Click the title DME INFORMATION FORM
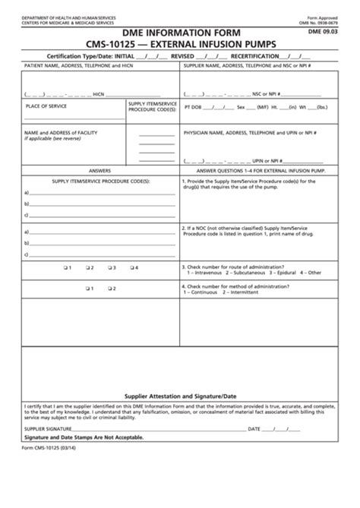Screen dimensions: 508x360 [180, 33]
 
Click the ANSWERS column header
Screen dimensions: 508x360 [100, 170]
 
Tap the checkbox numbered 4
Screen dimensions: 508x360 [132, 267]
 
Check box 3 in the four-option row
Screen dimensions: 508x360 [110, 267]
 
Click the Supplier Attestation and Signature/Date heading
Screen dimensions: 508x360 [180, 396]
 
